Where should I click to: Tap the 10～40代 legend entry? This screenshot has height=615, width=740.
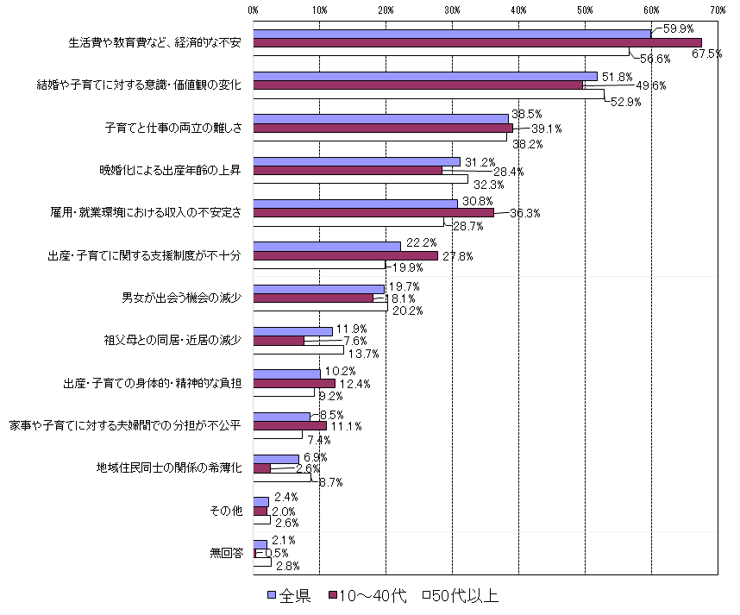(367, 596)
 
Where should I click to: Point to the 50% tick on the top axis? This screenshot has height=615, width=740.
(585, 10)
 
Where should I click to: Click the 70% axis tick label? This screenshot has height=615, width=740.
(718, 10)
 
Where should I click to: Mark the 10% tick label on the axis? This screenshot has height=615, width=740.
(319, 10)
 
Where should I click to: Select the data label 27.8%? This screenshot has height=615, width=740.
(458, 255)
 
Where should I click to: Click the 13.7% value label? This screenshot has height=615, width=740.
(362, 353)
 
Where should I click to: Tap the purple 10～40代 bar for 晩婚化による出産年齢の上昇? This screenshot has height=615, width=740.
(348, 170)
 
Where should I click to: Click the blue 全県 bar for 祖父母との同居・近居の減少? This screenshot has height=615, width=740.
(292, 331)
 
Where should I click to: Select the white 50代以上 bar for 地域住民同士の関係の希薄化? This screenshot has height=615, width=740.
(282, 476)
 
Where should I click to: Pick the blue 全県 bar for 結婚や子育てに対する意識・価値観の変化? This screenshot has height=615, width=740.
(425, 76)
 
